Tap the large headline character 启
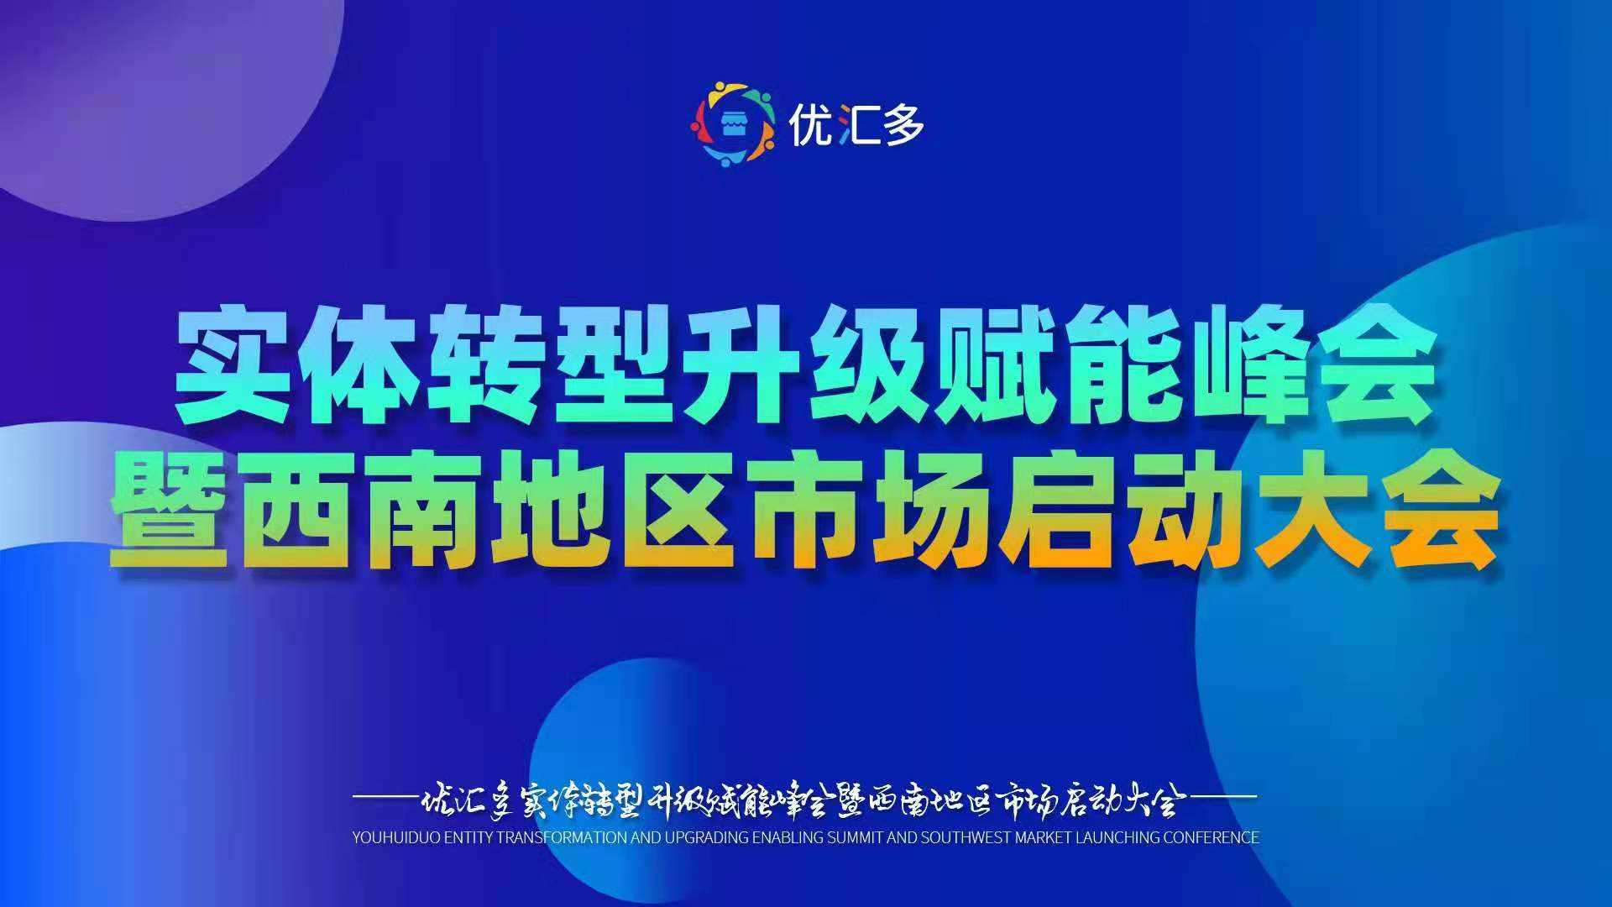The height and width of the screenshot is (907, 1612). [x=1058, y=508]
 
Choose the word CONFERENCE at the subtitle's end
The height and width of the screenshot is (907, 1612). [x=1213, y=837]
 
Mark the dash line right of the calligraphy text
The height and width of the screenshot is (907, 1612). [x=1222, y=795]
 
